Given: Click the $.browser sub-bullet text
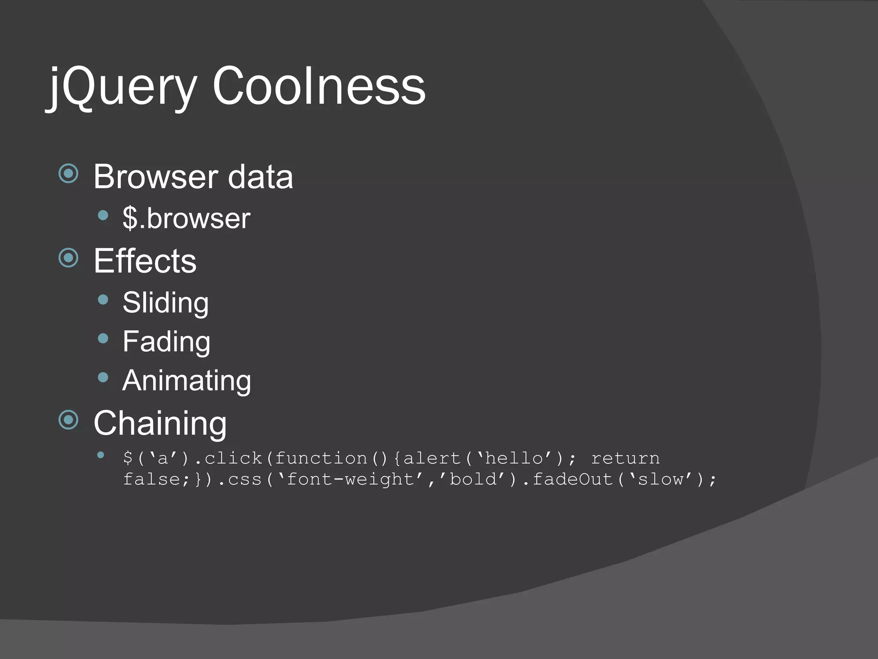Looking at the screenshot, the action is click(x=186, y=218).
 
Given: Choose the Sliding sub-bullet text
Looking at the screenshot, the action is click(x=165, y=302).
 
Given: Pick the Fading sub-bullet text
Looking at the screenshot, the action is click(x=166, y=342).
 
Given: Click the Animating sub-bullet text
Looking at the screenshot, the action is click(x=186, y=381).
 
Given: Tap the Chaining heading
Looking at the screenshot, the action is click(x=160, y=423).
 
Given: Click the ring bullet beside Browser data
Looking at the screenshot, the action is click(x=69, y=174).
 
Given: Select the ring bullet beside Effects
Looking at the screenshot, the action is click(x=69, y=258).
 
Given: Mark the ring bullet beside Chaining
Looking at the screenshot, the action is click(x=69, y=420).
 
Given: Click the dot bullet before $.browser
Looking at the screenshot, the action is click(x=103, y=215).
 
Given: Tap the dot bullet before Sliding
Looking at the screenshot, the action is click(x=103, y=299).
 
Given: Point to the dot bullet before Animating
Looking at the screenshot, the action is click(x=103, y=378).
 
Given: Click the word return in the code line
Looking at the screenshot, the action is click(x=625, y=459).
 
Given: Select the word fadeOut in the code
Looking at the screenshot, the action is click(x=572, y=479).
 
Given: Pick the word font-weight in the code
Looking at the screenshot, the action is click(x=350, y=479).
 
